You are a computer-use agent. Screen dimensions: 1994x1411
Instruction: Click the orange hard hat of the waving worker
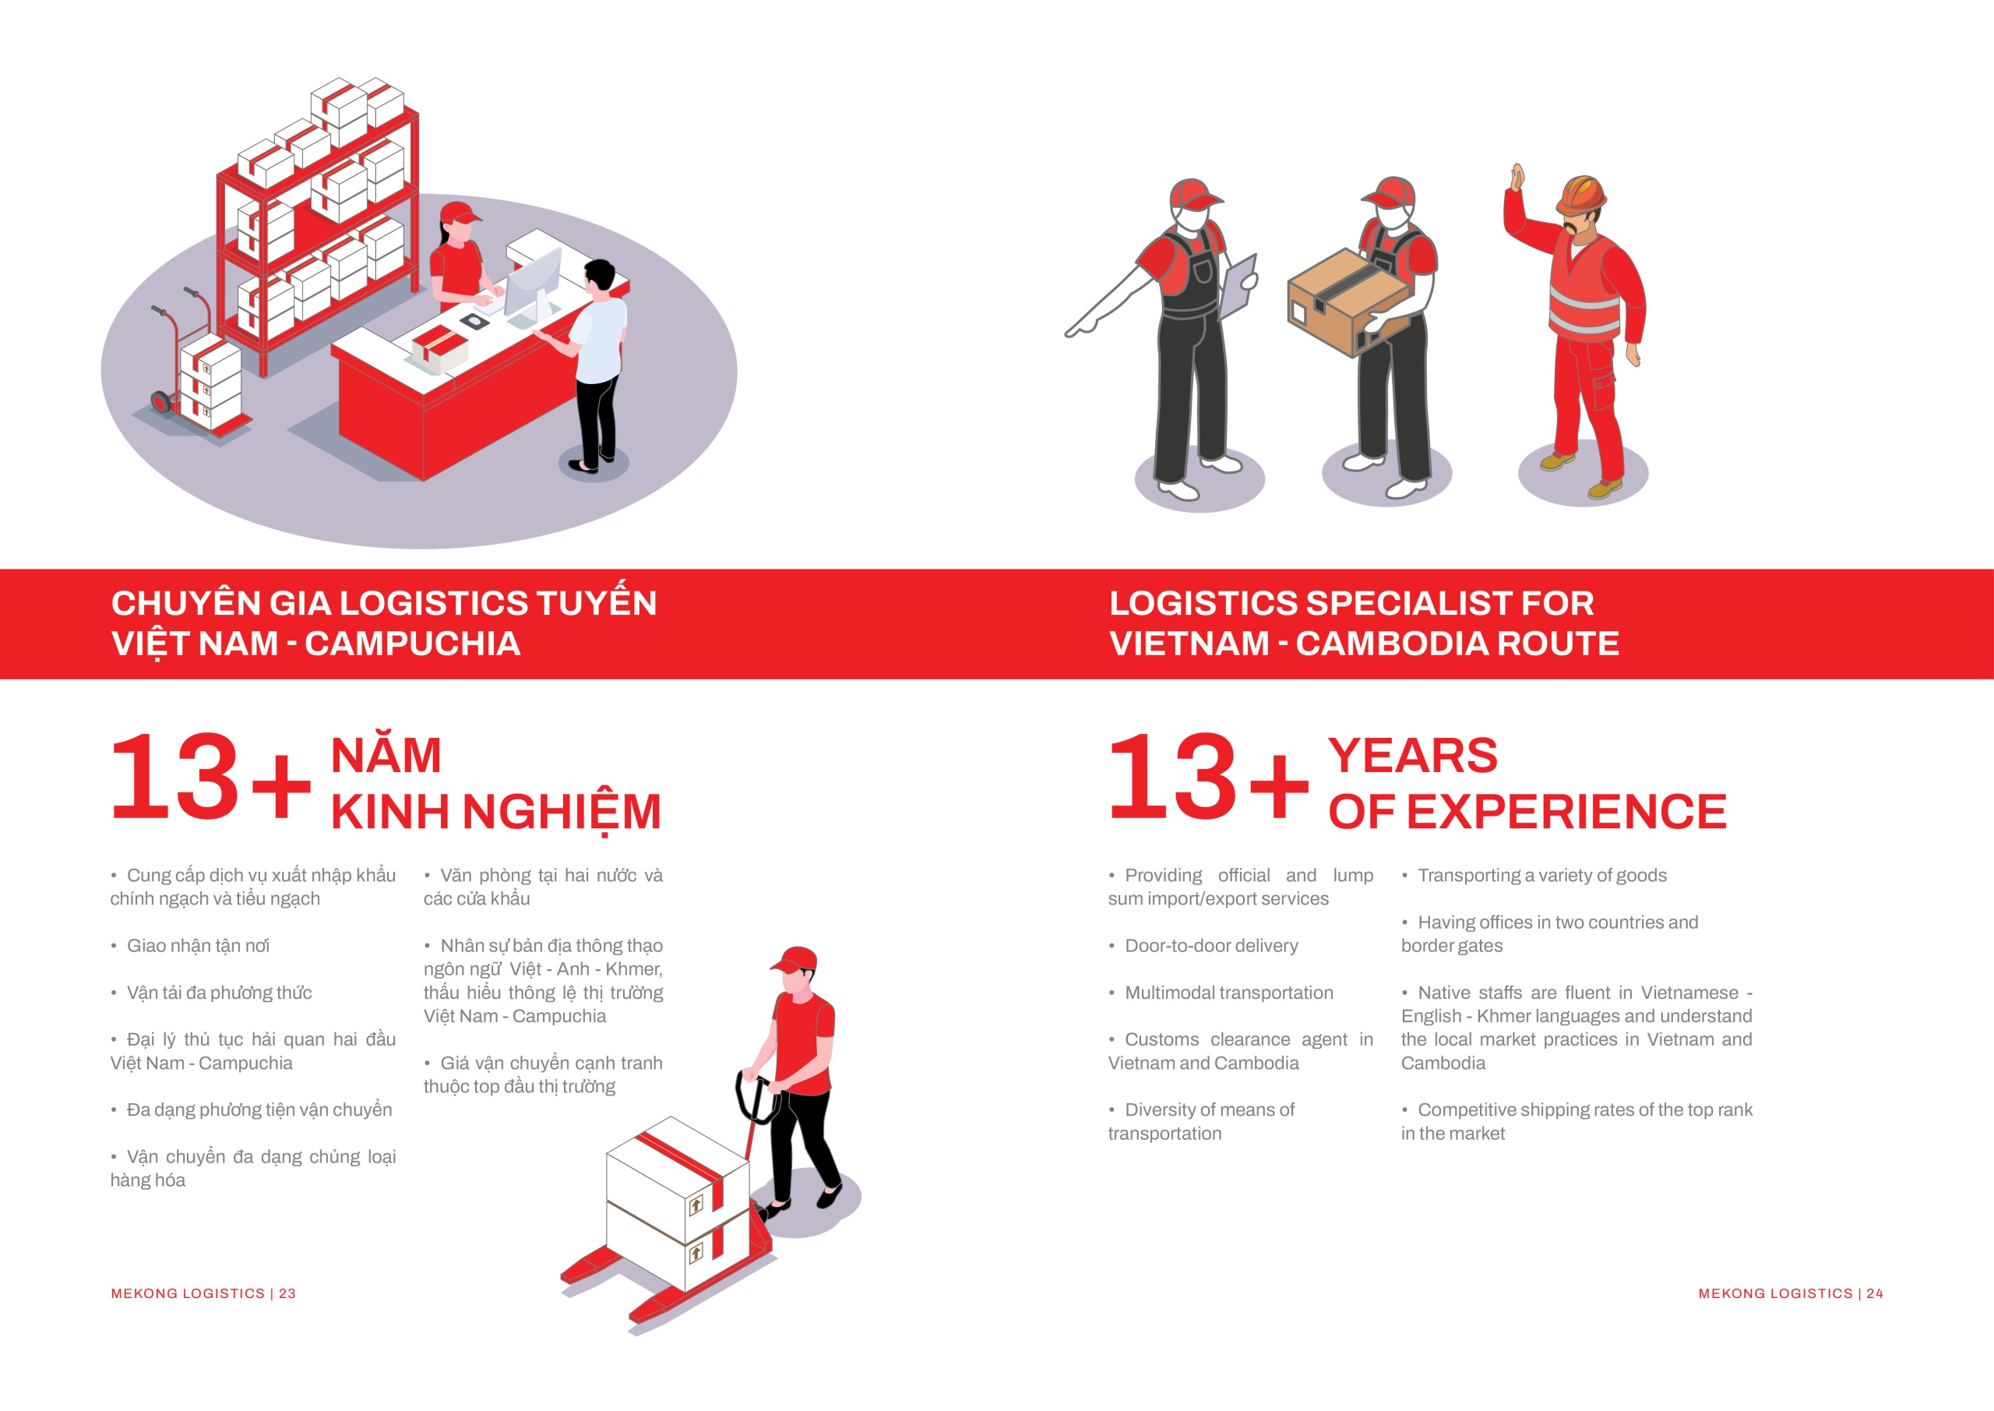click(1580, 195)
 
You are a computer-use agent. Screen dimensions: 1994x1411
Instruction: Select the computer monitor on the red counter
click(532, 284)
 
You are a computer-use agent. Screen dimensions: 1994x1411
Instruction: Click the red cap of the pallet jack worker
click(794, 960)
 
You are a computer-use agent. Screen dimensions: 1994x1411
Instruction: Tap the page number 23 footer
click(203, 1293)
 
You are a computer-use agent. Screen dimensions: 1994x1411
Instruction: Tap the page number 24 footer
click(1791, 1293)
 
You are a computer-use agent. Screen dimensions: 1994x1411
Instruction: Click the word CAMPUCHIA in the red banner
click(413, 644)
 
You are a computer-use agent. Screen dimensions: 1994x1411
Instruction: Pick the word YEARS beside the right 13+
click(1413, 756)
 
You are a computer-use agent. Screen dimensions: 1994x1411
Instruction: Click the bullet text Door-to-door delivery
click(1210, 945)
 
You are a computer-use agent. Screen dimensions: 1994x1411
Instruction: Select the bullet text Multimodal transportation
click(1229, 992)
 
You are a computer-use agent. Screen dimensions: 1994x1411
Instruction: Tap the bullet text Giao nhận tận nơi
click(198, 945)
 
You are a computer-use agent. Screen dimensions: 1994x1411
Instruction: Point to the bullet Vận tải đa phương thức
click(219, 992)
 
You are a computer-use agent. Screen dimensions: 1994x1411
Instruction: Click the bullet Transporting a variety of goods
click(1542, 875)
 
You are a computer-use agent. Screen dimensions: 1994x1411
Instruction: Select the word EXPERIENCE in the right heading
click(1566, 812)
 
